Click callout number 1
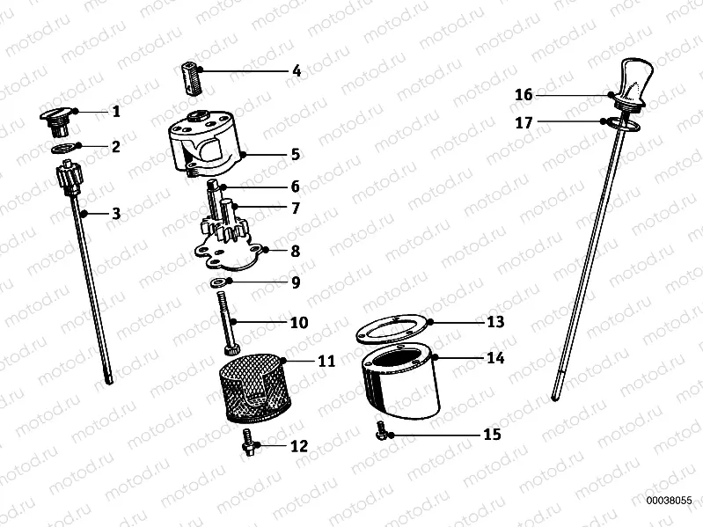115,112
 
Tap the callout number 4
297,71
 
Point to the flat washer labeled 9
217,283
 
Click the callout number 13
495,322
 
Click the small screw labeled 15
382,430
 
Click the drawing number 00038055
673,498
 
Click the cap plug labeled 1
57,115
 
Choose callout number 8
296,251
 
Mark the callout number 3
115,214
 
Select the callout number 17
524,124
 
